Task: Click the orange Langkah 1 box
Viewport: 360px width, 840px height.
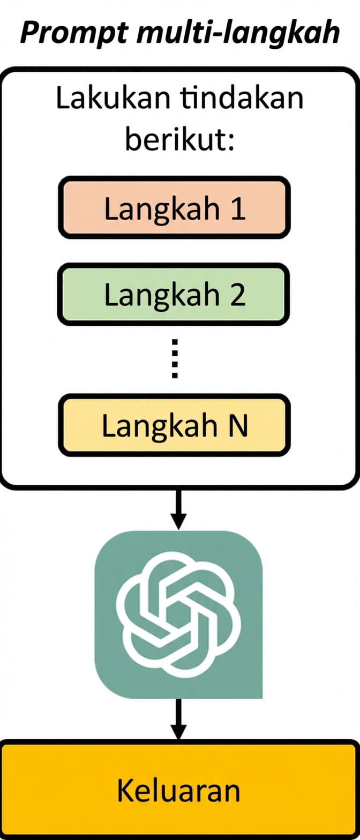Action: [175, 208]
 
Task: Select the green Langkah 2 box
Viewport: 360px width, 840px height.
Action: [174, 294]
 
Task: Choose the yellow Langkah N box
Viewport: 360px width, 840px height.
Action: [175, 425]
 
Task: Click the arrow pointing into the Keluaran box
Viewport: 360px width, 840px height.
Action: [179, 719]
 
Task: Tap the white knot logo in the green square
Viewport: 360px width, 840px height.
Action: [178, 613]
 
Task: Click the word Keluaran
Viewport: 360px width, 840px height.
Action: [179, 790]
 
